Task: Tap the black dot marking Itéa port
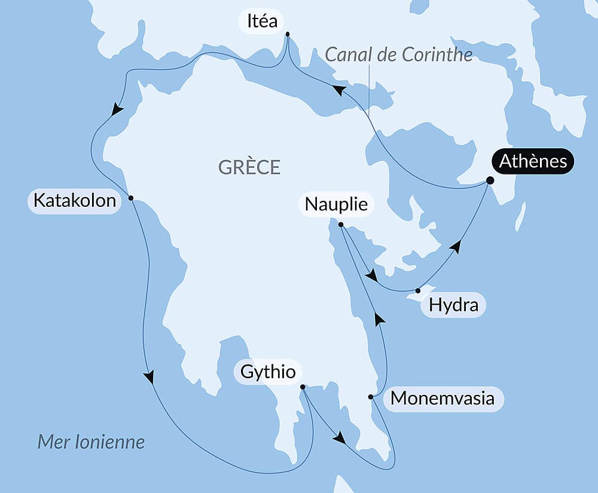tap(288, 34)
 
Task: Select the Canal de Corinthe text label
tap(399, 55)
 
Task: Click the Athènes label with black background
tap(533, 161)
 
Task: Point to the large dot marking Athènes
tap(490, 180)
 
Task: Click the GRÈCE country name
tap(249, 167)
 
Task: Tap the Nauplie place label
tap(336, 204)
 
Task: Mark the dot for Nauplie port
tap(341, 225)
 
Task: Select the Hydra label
tap(454, 305)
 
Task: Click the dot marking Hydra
tap(417, 291)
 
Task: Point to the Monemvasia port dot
tap(371, 397)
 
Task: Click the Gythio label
tap(268, 372)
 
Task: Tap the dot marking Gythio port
tap(303, 387)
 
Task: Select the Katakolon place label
tap(75, 200)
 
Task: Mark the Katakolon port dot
tap(130, 198)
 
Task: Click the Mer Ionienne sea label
tap(91, 442)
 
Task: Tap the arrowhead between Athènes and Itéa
tap(339, 90)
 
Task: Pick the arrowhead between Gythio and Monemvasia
tap(340, 438)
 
